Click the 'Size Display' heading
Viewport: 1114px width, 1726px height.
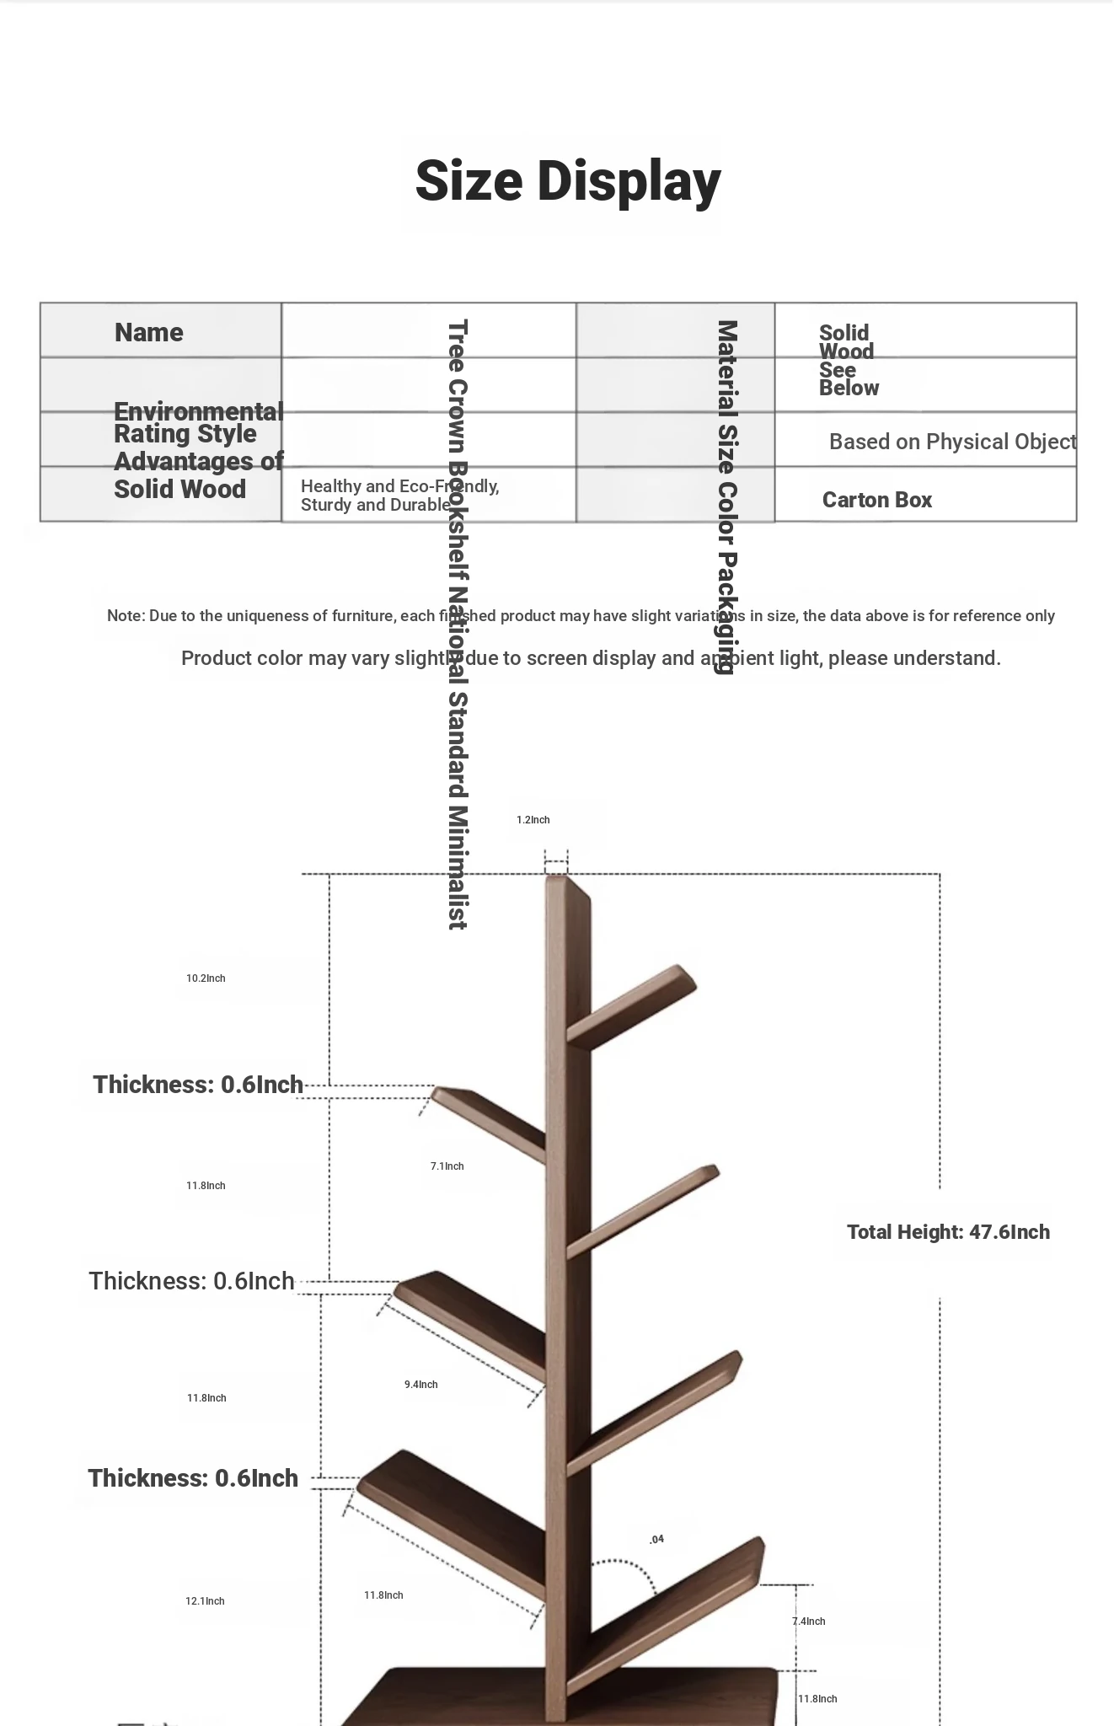tap(568, 181)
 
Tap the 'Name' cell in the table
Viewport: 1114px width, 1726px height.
tap(149, 332)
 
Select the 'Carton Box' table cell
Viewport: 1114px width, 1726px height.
tap(876, 500)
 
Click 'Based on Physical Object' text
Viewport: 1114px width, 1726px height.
tap(952, 442)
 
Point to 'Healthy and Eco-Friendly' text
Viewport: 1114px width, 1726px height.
tap(399, 486)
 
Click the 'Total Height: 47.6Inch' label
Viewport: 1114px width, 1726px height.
tap(948, 1232)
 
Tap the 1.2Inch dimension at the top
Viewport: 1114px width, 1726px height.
tap(533, 820)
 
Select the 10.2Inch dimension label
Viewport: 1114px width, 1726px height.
tap(206, 978)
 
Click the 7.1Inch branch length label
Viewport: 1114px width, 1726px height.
tap(447, 1166)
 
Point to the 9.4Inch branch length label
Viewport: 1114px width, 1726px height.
tap(420, 1385)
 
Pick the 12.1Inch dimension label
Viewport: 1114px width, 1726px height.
tap(205, 1601)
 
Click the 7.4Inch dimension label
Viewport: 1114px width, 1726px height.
tap(809, 1621)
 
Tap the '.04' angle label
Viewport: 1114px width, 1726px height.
tap(656, 1539)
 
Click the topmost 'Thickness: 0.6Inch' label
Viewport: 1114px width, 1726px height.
tap(198, 1085)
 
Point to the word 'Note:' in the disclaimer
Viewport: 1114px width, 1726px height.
tap(126, 616)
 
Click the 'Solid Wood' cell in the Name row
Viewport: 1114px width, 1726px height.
tap(845, 341)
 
